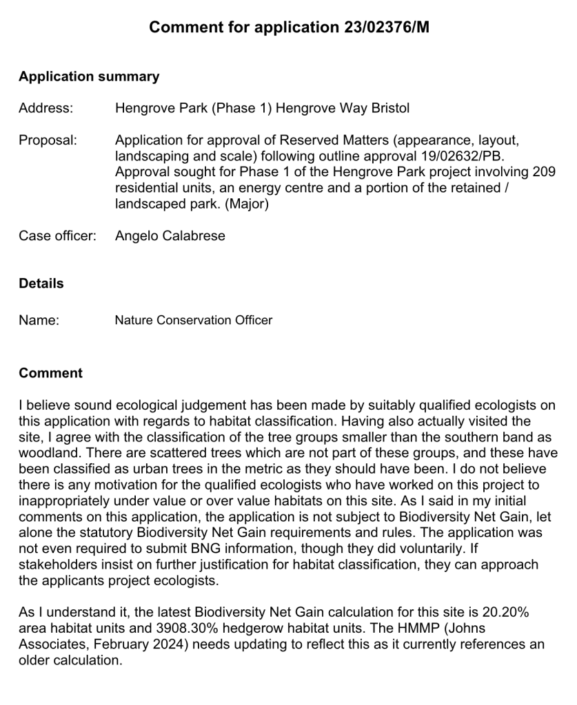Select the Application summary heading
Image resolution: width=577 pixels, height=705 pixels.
[x=89, y=76]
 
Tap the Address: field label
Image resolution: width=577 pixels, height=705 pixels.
[x=45, y=108]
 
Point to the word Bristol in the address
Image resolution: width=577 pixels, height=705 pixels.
[x=390, y=108]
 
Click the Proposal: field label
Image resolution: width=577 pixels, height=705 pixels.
[x=48, y=140]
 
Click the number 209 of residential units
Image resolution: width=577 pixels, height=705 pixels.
[x=544, y=172]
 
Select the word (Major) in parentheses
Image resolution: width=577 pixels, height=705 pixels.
[x=247, y=204]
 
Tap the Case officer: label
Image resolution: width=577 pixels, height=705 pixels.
[x=57, y=236]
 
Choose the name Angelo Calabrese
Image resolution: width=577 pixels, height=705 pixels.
[x=170, y=236]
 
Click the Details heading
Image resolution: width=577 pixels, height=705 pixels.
[x=41, y=284]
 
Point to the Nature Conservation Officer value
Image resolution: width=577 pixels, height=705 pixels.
[x=193, y=320]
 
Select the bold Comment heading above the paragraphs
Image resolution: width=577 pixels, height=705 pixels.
[x=50, y=373]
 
